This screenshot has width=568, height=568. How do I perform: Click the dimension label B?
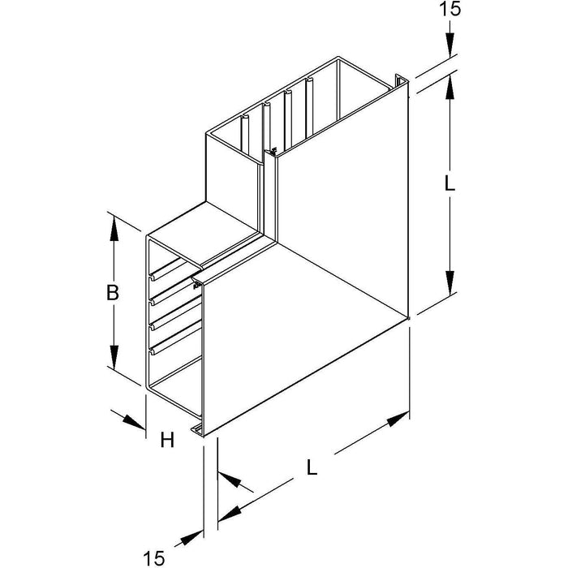[x=113, y=293]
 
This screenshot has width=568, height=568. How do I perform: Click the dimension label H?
[x=168, y=440]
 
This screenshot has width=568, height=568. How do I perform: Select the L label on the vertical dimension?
[x=450, y=184]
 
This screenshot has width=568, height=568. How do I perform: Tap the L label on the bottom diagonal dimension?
[x=312, y=467]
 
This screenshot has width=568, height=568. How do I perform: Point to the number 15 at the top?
[x=450, y=9]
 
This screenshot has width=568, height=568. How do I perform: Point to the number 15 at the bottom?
[x=154, y=558]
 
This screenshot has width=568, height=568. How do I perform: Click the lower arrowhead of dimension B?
[x=114, y=357]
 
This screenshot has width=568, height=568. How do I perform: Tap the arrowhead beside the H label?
[x=134, y=422]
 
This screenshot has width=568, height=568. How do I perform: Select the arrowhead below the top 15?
[x=450, y=45]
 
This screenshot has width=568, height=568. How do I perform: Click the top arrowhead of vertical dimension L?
[x=450, y=87]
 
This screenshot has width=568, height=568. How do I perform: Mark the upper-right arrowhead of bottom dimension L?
[x=398, y=420]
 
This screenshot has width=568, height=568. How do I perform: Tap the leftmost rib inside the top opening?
[x=245, y=133]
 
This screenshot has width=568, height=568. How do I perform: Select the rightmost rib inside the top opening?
[x=309, y=109]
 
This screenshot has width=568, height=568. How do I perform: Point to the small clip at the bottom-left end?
[x=198, y=429]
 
